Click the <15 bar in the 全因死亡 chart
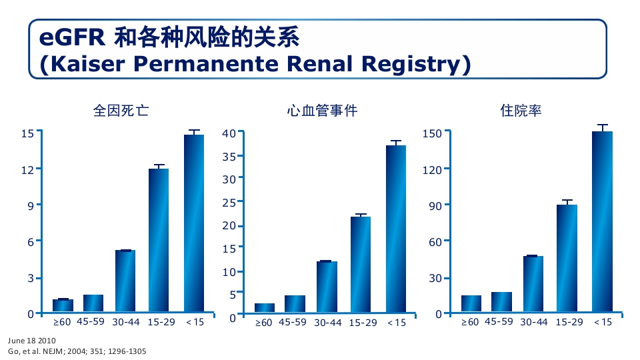click(194, 223)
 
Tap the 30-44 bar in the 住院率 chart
click(533, 283)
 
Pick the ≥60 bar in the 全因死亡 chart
click(63, 305)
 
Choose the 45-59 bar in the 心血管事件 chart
click(295, 303)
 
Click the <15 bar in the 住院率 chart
click(602, 221)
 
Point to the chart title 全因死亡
click(121, 111)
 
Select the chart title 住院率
click(521, 111)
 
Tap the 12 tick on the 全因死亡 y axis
click(27, 169)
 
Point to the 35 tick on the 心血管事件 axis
click(229, 157)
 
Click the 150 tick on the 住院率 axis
click(433, 133)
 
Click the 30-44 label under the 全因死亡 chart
click(126, 322)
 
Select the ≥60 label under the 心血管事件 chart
click(264, 323)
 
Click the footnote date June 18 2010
click(27, 340)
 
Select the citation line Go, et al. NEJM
click(77, 351)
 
